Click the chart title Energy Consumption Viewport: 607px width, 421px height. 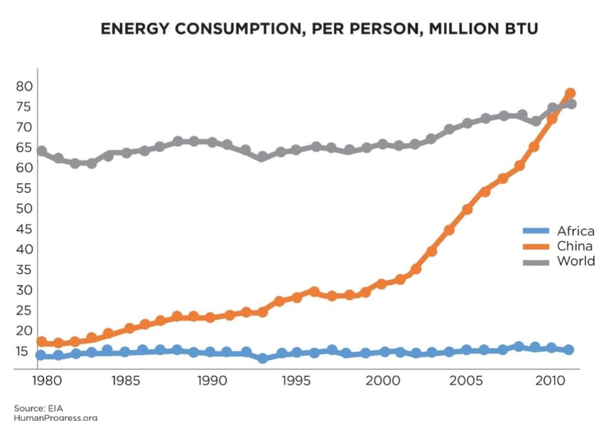tap(319, 29)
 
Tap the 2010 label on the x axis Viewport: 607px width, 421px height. tap(552, 381)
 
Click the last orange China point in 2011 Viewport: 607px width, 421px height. tap(570, 93)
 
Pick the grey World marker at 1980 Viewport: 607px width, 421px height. tap(41, 151)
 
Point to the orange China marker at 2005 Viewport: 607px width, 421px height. tap(467, 209)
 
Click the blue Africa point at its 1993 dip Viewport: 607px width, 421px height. tap(263, 358)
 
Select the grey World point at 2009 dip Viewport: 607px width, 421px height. tap(535, 122)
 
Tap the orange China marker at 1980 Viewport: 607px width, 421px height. tap(41, 341)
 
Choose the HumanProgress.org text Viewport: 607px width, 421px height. tap(48, 417)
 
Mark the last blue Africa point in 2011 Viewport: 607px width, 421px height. tap(569, 350)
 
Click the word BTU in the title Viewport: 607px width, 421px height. tap(517, 29)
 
